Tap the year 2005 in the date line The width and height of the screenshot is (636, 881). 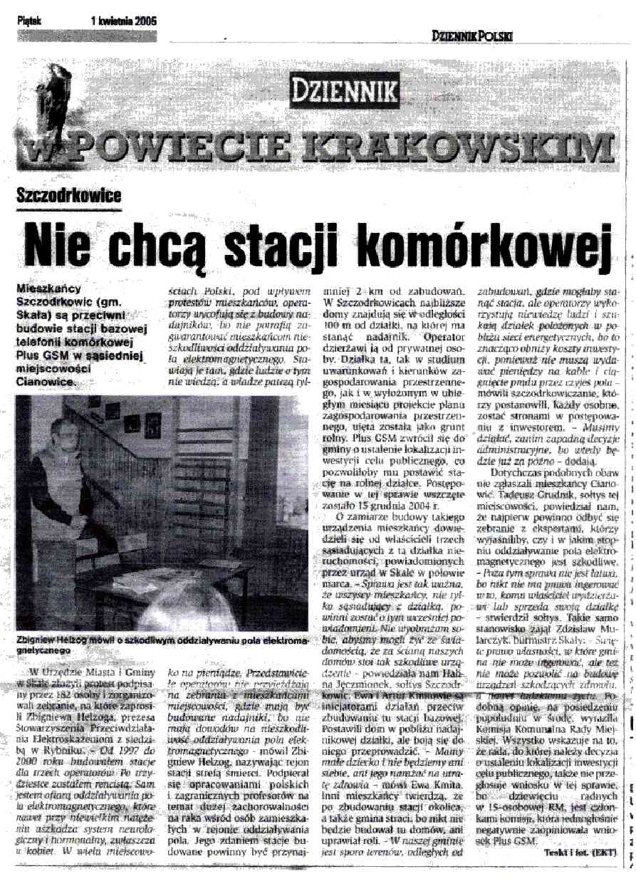point(145,21)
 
